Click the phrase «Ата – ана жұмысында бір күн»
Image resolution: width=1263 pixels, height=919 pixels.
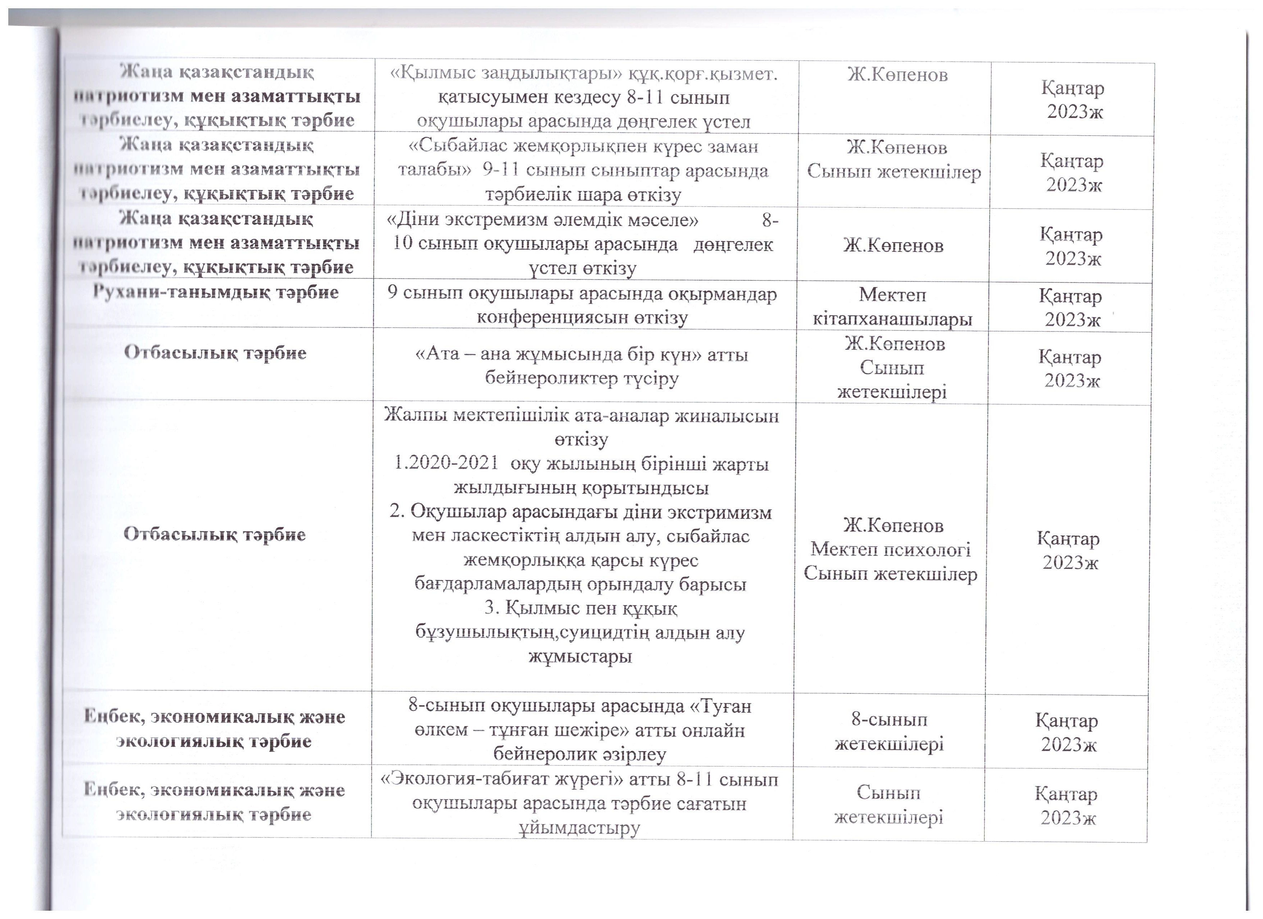point(558,354)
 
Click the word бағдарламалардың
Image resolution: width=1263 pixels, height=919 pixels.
point(499,584)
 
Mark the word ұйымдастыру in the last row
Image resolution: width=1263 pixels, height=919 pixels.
point(580,828)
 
